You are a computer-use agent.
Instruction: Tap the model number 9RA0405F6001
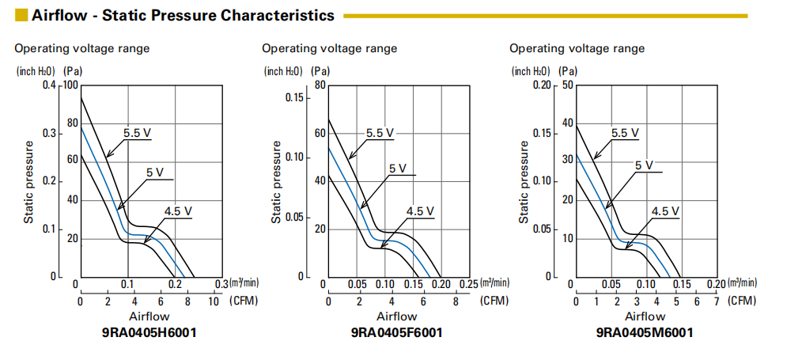(396, 332)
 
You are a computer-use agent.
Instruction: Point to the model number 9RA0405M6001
(645, 332)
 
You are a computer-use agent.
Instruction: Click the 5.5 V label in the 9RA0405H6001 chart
(136, 133)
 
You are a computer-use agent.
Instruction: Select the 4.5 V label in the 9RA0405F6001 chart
(420, 211)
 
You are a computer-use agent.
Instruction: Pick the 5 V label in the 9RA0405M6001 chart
(645, 165)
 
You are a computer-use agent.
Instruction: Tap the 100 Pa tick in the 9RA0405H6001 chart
(72, 85)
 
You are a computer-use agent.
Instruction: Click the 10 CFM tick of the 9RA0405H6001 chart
(214, 301)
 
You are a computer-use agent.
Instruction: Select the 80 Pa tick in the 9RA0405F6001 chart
(320, 85)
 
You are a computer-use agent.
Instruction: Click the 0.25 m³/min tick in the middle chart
(468, 284)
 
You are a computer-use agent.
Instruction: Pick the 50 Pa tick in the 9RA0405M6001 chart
(568, 85)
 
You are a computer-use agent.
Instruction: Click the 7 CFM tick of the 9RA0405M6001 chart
(717, 301)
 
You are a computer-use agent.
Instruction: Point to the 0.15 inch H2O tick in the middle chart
(295, 97)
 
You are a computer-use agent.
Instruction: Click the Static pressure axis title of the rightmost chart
(523, 182)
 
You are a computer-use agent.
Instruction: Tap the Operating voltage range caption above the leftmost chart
(82, 48)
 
